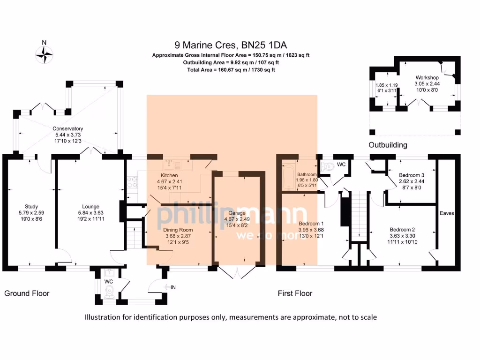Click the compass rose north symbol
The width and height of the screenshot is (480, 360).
coord(44,54)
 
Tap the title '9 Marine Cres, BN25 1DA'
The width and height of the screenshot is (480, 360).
coord(231,45)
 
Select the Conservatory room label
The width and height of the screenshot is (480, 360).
coord(67,128)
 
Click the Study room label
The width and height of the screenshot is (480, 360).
coord(31,207)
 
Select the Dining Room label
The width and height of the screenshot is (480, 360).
coord(178,230)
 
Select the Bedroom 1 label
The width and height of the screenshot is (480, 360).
coord(311,224)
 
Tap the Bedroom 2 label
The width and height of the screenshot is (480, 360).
coord(403,229)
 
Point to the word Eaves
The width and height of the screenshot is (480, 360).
coord(447,213)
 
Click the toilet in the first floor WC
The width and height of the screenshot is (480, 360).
coord(328,165)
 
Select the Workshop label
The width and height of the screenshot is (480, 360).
coord(427,77)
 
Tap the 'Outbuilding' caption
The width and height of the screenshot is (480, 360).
coord(388,145)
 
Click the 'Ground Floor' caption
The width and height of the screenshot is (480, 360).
coord(27,293)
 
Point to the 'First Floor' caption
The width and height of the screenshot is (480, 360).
coord(295,293)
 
